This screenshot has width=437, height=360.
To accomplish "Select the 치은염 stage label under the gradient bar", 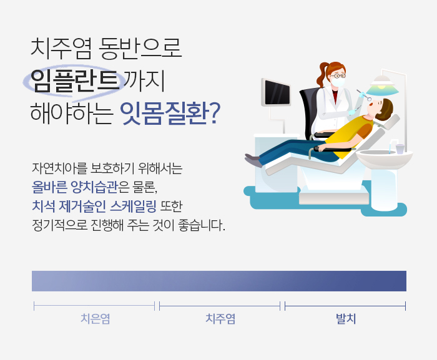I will [95, 319].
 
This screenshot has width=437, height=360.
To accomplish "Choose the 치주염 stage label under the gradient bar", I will [220, 319].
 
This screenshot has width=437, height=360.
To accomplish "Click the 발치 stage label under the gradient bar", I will [346, 319].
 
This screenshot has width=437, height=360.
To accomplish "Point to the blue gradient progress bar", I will [219, 281].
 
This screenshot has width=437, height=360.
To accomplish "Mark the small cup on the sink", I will [399, 149].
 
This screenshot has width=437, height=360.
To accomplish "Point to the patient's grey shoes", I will [253, 160].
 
